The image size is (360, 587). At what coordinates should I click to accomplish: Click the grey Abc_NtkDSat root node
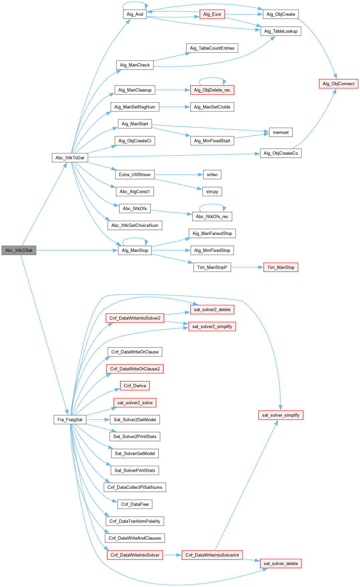19,250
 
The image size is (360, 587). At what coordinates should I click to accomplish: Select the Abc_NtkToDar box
70,158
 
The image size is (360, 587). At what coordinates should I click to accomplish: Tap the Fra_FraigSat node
70,420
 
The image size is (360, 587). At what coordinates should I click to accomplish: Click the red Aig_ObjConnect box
338,84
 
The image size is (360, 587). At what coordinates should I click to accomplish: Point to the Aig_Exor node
212,14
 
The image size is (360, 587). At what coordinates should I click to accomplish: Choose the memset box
281,132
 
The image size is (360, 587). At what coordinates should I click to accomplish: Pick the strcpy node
212,191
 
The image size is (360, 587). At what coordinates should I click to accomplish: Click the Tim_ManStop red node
281,267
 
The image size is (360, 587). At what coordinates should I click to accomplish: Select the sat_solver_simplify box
281,415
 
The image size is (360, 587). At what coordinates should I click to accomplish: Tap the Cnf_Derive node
135,386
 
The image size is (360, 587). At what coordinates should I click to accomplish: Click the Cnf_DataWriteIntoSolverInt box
212,555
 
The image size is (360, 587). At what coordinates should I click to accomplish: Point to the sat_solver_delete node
281,564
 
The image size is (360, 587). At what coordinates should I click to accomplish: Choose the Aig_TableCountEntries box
212,48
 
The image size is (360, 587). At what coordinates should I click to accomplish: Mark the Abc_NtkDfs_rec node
212,216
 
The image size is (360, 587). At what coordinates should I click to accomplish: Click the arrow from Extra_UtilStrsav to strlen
178,175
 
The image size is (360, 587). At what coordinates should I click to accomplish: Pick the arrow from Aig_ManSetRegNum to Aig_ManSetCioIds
174,107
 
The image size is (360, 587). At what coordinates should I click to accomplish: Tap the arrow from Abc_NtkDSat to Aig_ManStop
77,250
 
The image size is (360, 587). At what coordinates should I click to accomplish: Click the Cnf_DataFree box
135,504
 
